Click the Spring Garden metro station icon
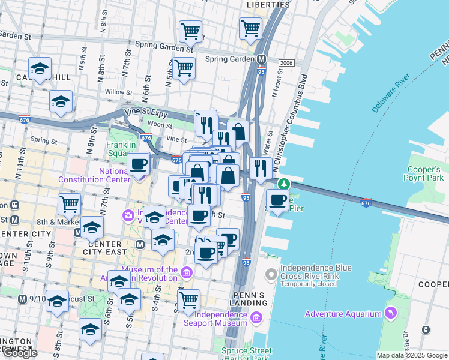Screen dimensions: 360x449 click(262, 59)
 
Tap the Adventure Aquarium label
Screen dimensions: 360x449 click(343, 314)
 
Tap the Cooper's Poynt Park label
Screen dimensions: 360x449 click(424, 173)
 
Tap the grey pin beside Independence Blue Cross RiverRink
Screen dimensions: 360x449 click(271, 275)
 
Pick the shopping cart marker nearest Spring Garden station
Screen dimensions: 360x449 click(250, 28)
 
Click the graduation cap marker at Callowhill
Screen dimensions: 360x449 click(40, 68)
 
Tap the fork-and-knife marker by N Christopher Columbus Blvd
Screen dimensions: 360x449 click(259, 168)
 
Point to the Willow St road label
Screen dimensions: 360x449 click(118, 93)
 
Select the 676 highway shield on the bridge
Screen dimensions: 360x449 click(366, 203)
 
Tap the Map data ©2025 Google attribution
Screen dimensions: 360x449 click(412, 355)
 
